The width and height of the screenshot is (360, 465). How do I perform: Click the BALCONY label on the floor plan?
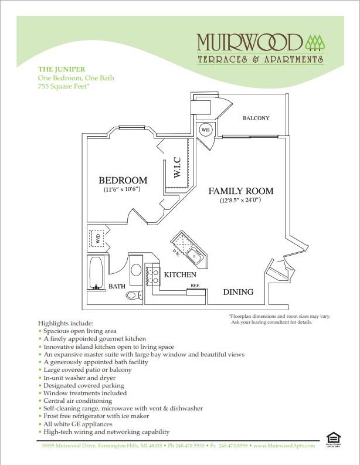pyautogui.click(x=256, y=118)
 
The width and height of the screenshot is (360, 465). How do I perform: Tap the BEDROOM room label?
pyautogui.click(x=123, y=180)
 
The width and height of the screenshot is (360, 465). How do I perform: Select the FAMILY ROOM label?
pyautogui.click(x=241, y=191)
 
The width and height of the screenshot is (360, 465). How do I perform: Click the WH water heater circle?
pyautogui.click(x=206, y=130)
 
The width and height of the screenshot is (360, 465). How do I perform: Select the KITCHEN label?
pyautogui.click(x=179, y=274)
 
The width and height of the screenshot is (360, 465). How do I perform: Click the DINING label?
pyautogui.click(x=238, y=291)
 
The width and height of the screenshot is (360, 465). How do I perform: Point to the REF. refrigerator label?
pyautogui.click(x=194, y=286)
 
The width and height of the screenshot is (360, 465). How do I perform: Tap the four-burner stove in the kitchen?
pyautogui.click(x=153, y=276)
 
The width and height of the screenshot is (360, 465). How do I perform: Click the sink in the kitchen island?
pyautogui.click(x=193, y=256)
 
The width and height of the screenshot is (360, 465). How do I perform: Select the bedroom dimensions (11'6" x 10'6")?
pyautogui.click(x=123, y=190)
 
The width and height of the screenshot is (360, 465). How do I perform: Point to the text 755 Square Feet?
pyautogui.click(x=63, y=86)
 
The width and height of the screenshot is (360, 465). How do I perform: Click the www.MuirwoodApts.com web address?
pyautogui.click(x=286, y=446)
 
